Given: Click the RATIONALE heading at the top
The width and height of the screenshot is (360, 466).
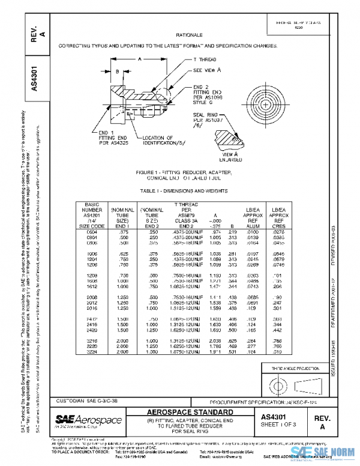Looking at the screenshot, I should pos(188,35).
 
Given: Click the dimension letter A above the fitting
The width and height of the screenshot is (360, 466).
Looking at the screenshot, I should pos(139,60).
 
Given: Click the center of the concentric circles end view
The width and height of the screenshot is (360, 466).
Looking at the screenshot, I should pos(265,103).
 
